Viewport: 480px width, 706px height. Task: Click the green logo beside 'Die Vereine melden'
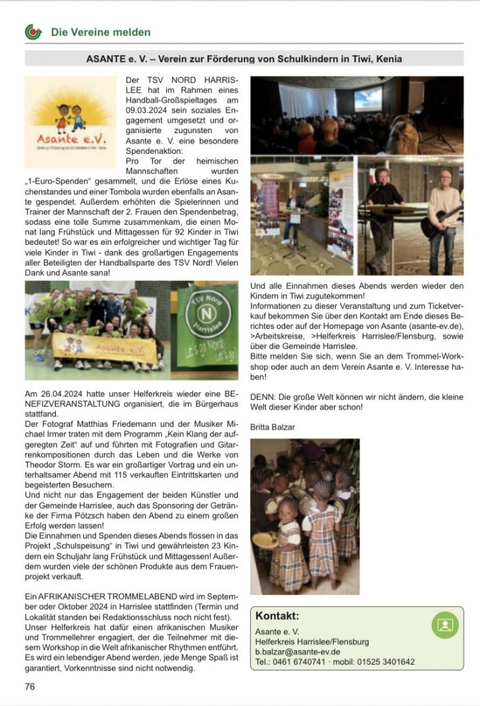pyautogui.click(x=32, y=32)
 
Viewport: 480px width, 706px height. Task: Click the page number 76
pyautogui.click(x=30, y=686)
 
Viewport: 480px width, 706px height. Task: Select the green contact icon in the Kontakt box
pyautogui.click(x=444, y=625)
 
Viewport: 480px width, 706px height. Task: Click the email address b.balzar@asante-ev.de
pyautogui.click(x=299, y=652)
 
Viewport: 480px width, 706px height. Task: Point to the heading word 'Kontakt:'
pyautogui.click(x=278, y=616)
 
